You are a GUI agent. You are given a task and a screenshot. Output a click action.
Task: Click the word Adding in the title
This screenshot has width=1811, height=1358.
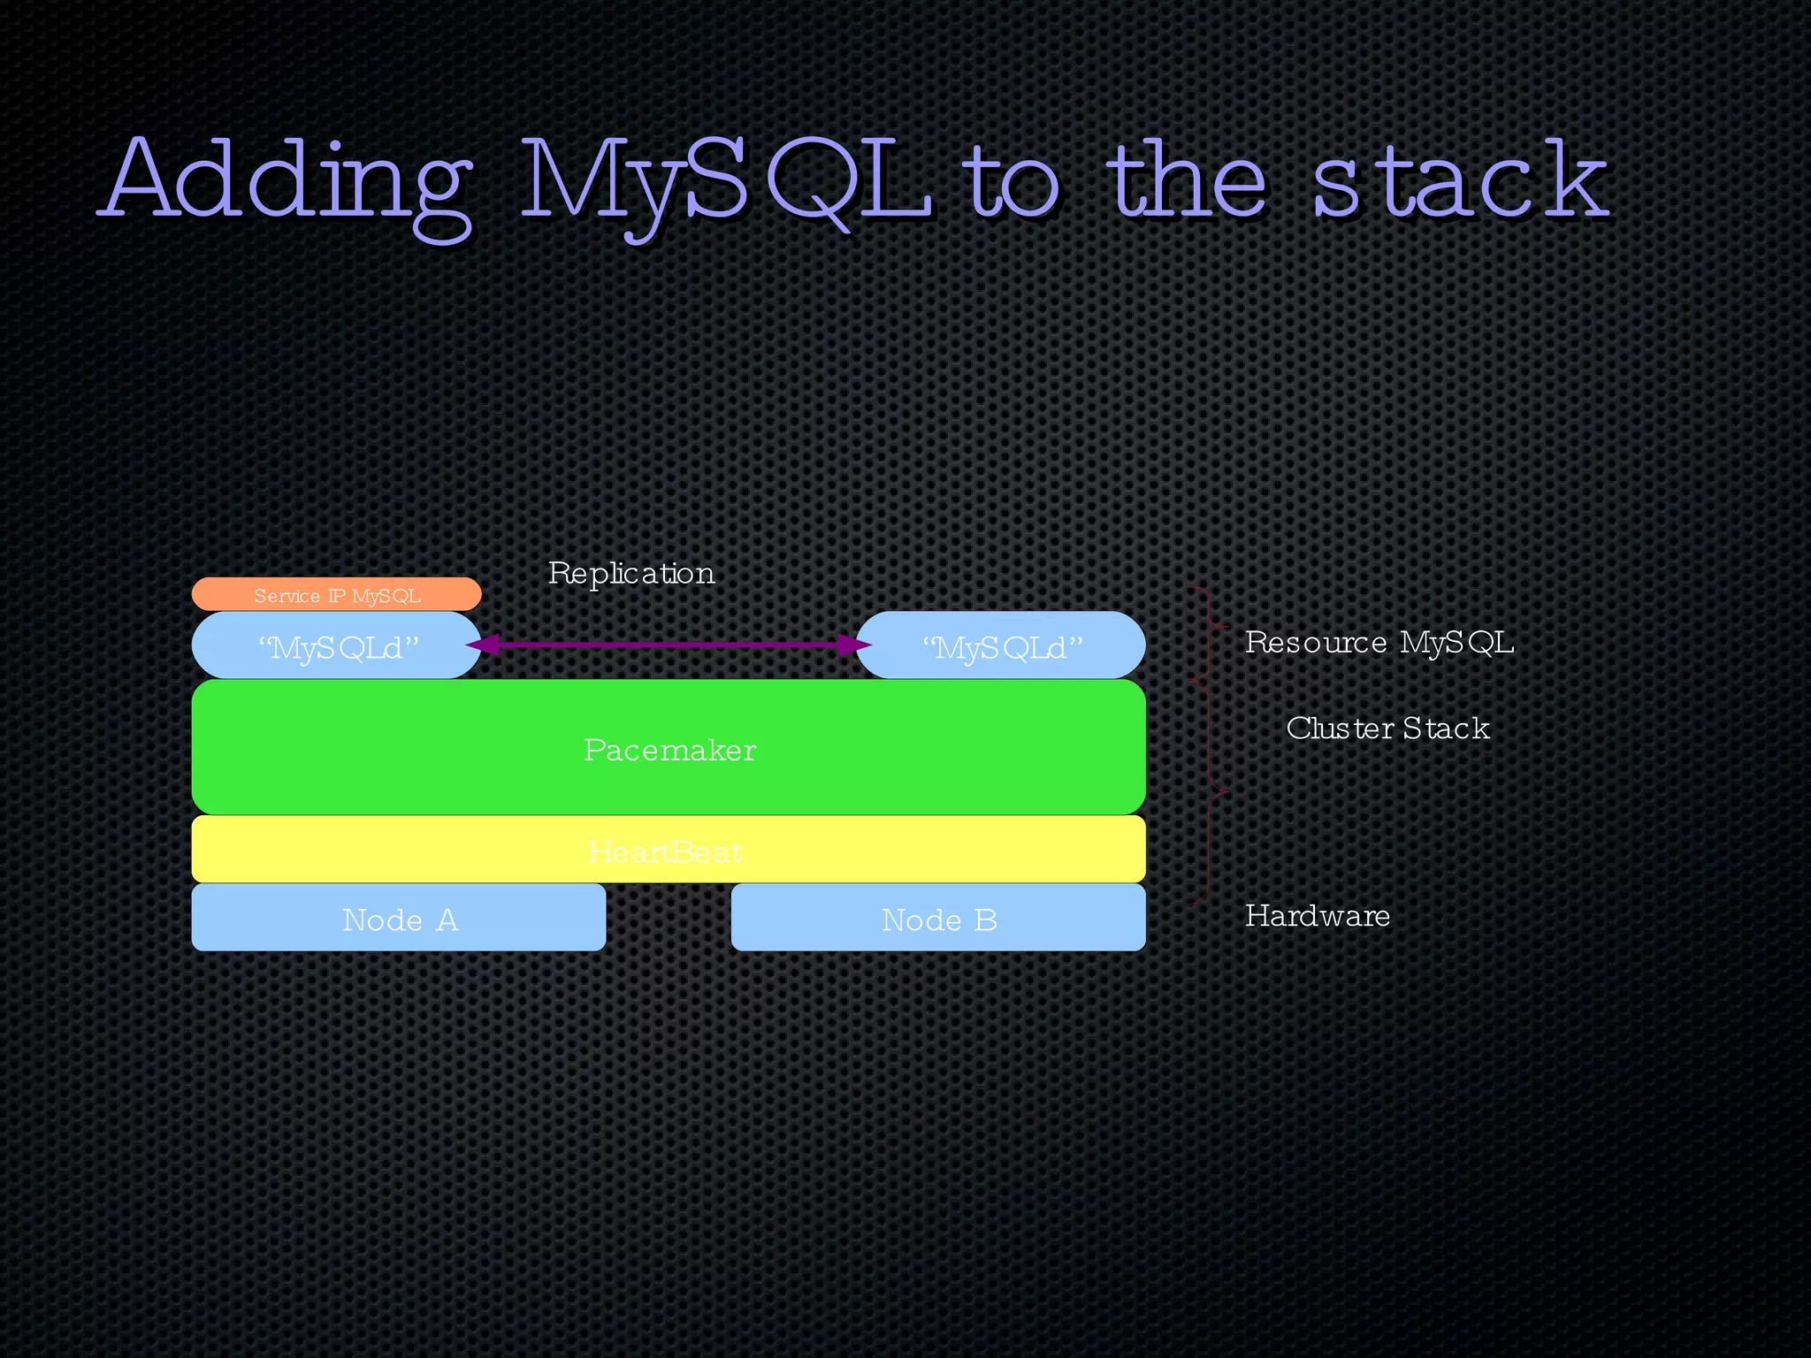click(x=287, y=181)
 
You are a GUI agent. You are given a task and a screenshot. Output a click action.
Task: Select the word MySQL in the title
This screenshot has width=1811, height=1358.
click(x=725, y=181)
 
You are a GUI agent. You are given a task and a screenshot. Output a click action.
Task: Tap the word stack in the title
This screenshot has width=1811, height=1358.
click(x=1459, y=181)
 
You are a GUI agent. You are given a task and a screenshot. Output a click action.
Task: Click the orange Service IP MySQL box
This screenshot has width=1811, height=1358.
click(x=336, y=595)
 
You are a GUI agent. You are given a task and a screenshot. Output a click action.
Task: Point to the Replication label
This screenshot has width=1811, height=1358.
click(x=630, y=573)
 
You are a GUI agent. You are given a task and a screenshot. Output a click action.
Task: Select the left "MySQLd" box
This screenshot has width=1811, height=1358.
click(x=336, y=646)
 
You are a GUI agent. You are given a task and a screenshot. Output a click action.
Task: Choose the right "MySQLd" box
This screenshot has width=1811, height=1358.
click(x=1002, y=646)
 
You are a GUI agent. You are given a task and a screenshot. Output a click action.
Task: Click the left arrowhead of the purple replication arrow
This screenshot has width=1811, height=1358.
click(x=480, y=645)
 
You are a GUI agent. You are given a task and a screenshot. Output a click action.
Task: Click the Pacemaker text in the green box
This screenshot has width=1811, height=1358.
click(x=669, y=750)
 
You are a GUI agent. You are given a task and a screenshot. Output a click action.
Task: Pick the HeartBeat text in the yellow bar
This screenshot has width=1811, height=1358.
click(x=665, y=851)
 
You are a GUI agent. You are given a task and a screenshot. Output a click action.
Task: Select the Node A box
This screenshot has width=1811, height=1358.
click(x=399, y=919)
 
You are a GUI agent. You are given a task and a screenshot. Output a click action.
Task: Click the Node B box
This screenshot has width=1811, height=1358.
click(x=938, y=919)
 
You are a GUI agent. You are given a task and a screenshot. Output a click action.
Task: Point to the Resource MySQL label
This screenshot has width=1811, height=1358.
click(x=1379, y=642)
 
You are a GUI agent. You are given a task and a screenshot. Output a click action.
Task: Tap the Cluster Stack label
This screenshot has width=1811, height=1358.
click(x=1387, y=728)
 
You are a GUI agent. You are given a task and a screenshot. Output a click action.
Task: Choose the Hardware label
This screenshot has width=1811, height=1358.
click(x=1317, y=915)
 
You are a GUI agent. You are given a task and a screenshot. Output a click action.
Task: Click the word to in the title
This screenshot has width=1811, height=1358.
click(x=1013, y=181)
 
